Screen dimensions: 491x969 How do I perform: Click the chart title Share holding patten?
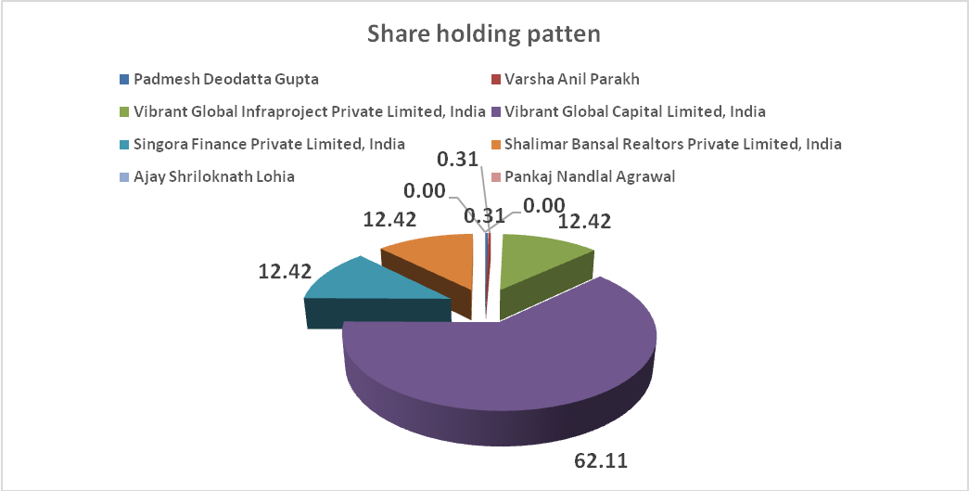(x=484, y=34)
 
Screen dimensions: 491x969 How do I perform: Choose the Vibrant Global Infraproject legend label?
(x=310, y=111)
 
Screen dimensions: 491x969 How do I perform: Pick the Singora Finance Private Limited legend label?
(x=269, y=144)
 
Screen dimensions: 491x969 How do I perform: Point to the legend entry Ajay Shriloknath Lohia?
(x=214, y=176)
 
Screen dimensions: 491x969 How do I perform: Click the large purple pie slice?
(x=501, y=371)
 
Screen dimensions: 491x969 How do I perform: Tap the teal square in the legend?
(x=124, y=144)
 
